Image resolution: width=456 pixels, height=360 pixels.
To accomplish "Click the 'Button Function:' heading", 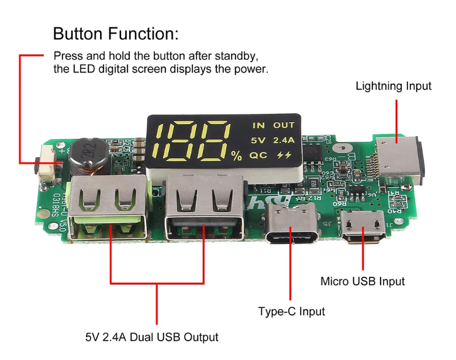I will coord(116,33).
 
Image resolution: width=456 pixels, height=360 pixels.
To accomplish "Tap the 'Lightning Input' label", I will coord(393,86).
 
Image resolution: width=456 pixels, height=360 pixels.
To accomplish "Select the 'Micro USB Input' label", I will coord(362,281).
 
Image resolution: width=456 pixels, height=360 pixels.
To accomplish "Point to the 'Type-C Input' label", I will coord(291,311).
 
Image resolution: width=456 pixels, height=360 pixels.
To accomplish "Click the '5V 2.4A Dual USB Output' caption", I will coord(151,337).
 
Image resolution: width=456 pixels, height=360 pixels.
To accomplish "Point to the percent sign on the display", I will coord(236,156).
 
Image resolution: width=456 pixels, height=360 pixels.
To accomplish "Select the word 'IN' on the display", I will coord(258,125).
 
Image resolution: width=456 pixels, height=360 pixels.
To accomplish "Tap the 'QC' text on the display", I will coord(258,155).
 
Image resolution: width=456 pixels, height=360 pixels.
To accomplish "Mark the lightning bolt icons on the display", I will coord(284,155).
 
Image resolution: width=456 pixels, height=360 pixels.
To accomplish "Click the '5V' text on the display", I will coord(258,140).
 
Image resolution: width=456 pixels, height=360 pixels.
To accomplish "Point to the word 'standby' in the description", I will coord(236,56).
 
